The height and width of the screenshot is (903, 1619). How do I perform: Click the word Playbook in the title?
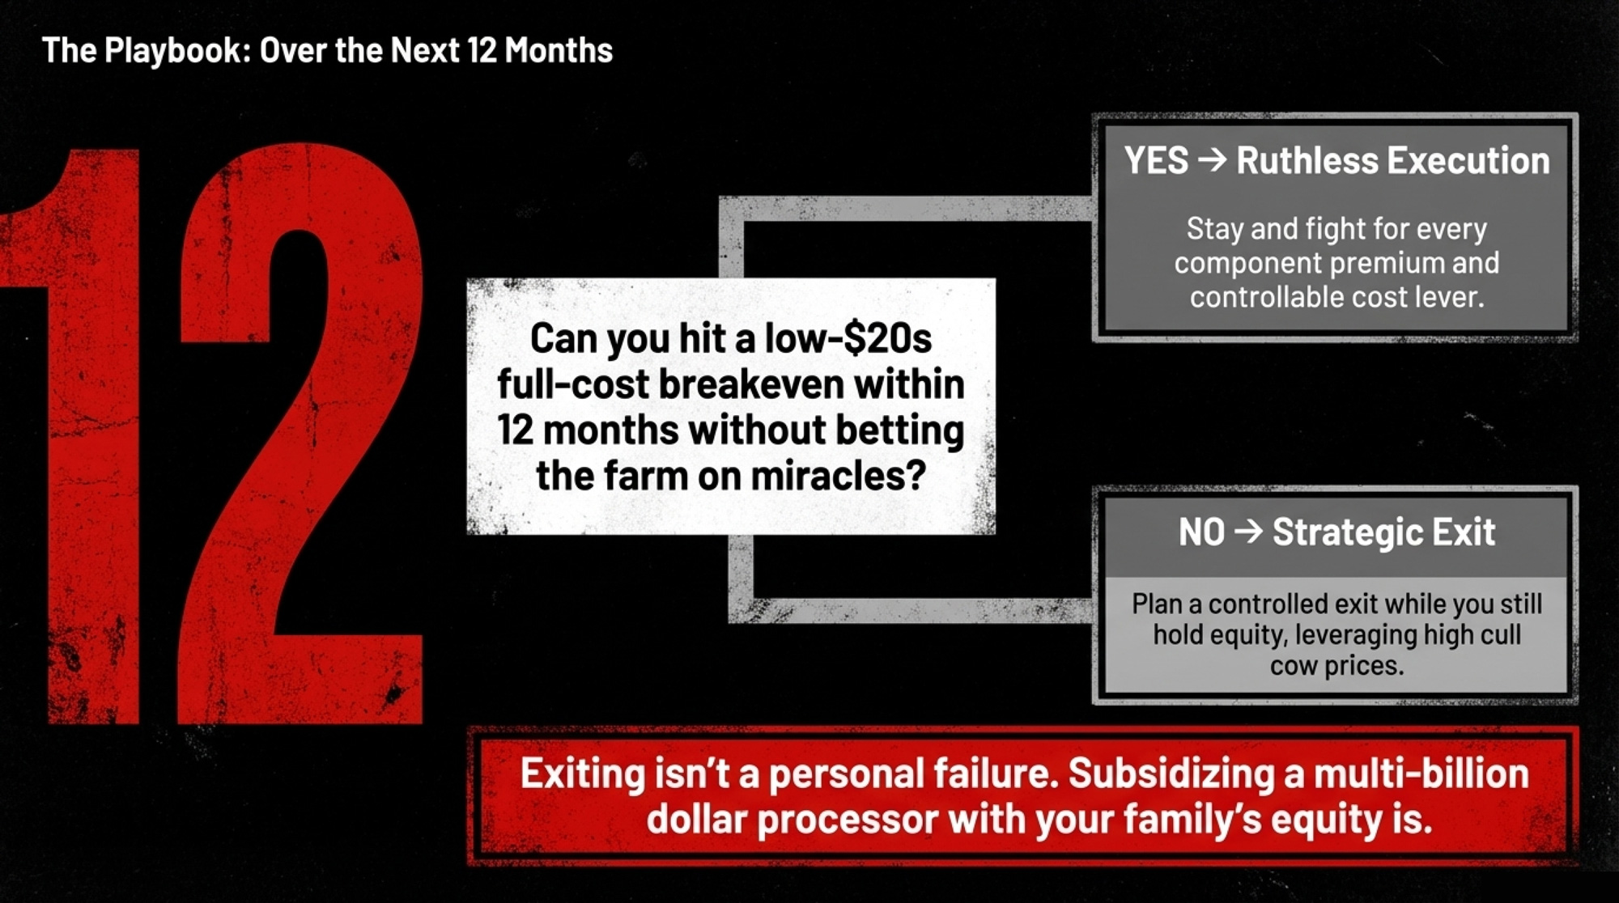174,51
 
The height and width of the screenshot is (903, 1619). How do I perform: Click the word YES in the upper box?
1156,160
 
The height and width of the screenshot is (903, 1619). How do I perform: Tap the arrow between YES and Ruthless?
1212,160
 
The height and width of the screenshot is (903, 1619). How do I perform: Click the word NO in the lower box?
1201,532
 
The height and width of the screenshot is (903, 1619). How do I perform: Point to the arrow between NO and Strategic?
1248,532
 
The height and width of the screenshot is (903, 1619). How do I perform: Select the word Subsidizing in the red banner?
1172,774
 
